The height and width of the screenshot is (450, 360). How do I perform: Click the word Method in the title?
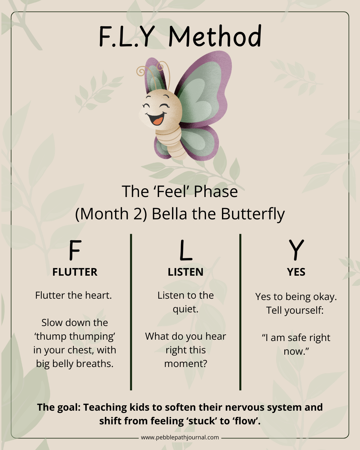[x=215, y=37]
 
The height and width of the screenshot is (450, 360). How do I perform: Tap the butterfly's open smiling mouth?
[x=156, y=118]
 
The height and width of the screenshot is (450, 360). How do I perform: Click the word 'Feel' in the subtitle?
[x=172, y=192]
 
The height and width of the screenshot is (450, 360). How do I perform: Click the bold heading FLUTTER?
[x=75, y=272]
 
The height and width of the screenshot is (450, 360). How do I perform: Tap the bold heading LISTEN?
[x=186, y=272]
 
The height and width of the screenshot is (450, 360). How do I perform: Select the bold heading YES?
[x=296, y=272]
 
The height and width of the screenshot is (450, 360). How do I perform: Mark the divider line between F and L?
[x=131, y=312]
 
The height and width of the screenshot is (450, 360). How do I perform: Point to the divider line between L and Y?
[x=240, y=312]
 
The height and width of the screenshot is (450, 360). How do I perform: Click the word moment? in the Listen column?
[x=186, y=364]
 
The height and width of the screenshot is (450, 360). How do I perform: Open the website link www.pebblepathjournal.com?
[x=180, y=437]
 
